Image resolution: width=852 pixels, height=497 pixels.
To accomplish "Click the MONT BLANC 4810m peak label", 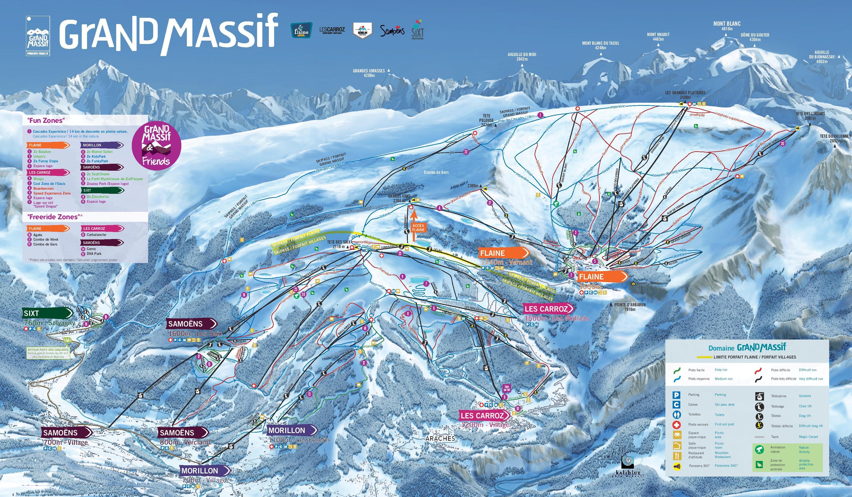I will coord(727,26).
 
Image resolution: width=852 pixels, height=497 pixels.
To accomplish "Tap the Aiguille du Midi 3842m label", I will coord(522,57).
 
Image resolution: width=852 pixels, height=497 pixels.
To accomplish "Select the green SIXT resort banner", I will coord(47,313).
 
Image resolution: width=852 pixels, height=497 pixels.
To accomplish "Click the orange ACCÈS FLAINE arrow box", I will coord(418,227).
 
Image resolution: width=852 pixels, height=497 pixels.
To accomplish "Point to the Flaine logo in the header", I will coord(301,31).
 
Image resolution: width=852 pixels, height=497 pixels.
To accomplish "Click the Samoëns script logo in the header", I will coord(392,31).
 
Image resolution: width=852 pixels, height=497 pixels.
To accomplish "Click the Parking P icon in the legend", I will coord(676,395).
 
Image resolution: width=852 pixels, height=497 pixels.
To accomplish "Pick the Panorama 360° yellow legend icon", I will coord(676,466).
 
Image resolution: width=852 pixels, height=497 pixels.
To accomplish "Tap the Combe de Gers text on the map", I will coord(436,172).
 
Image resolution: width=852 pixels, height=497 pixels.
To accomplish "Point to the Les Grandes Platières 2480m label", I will coord(685,95).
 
